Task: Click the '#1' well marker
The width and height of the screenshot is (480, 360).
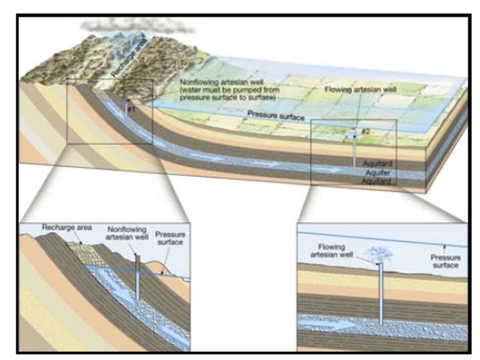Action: point(131,107)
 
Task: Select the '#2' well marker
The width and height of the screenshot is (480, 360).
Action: point(365,131)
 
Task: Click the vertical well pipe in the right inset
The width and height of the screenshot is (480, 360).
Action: point(380,293)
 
